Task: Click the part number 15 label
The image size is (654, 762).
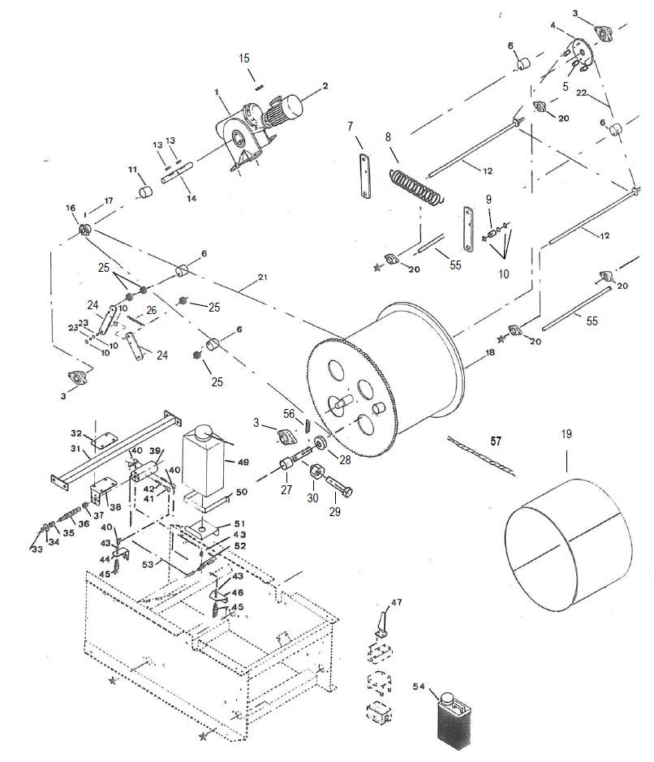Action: coord(244,58)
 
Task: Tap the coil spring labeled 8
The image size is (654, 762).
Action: coord(417,186)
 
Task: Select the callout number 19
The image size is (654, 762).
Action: coord(566,434)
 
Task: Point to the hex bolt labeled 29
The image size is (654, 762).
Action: coord(339,485)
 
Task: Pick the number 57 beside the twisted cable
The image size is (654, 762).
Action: coord(496,441)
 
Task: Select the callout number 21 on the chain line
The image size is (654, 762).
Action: coord(262,277)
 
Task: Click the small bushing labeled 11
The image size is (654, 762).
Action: coord(145,192)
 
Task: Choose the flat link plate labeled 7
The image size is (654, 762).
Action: coord(365,176)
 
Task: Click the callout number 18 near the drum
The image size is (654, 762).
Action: coord(490,352)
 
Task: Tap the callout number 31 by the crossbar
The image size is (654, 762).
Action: coord(75,448)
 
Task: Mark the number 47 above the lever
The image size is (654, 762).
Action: coord(397,602)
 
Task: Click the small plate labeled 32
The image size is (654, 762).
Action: coord(105,441)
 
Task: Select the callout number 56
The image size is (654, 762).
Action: coord(289,414)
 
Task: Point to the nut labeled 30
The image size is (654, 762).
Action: coord(314,470)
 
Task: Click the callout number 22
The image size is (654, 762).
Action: coord(581,93)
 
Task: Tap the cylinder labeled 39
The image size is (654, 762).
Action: coord(145,471)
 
